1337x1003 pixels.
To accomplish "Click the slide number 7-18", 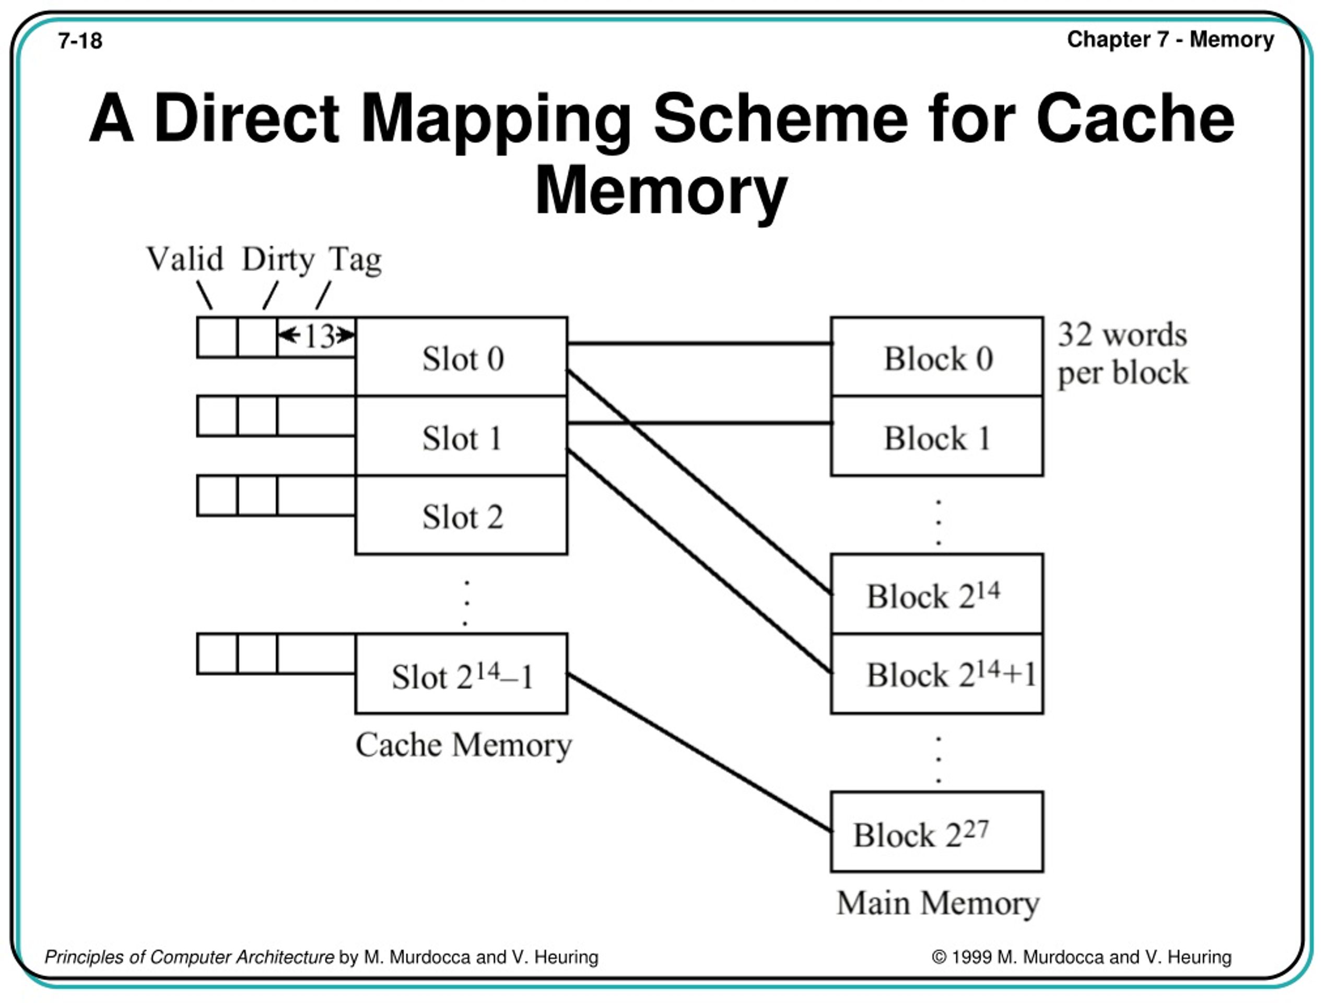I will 80,41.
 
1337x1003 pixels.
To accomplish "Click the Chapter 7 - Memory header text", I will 1170,39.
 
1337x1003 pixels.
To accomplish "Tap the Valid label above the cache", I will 185,259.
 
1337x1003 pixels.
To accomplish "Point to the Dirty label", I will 278,259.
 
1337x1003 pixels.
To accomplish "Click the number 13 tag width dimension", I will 319,336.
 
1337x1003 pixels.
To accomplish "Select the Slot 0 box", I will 462,358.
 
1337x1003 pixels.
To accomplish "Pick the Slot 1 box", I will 462,437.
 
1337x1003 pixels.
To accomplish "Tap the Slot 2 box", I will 462,516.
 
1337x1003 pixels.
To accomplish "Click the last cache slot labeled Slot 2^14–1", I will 462,675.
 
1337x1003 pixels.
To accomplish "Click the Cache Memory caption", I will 463,745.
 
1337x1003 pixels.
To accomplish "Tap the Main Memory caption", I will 937,903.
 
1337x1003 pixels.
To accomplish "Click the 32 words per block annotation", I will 1122,353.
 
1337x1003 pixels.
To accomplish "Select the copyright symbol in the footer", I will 939,957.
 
